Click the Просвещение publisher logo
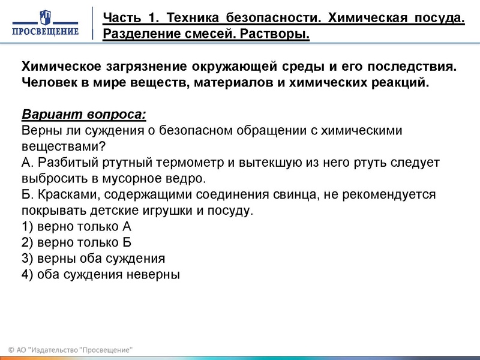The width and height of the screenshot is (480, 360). point(47,23)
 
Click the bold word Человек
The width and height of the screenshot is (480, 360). point(48,82)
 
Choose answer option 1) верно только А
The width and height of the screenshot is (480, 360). point(76,227)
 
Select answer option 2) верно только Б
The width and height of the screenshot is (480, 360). point(76,243)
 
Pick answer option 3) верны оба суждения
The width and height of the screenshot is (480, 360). point(93,259)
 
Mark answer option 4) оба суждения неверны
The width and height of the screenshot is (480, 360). point(101,275)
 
